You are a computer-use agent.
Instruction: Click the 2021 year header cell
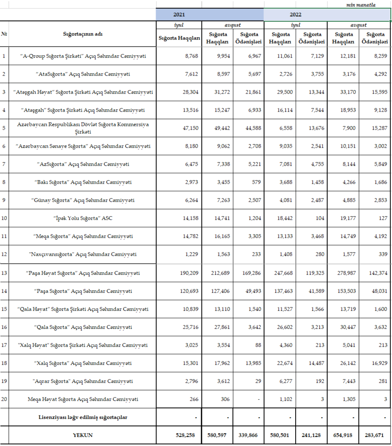[179, 14]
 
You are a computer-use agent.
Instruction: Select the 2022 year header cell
[296, 14]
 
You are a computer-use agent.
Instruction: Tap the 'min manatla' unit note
[361, 5]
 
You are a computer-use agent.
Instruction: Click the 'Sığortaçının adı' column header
[83, 34]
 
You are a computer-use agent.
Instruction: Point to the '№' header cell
[4, 34]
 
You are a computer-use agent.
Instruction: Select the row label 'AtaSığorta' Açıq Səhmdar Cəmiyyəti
[83, 74]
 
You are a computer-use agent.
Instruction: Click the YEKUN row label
[83, 435]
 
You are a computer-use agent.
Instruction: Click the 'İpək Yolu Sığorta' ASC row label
[83, 218]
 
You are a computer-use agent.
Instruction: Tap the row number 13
[4, 273]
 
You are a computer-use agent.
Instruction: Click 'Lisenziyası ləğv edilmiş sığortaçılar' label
[83, 417]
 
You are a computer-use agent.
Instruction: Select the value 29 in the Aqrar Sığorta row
[258, 381]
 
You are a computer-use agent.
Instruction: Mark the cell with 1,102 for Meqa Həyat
[285, 399]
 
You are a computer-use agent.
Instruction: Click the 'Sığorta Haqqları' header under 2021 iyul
[180, 38]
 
